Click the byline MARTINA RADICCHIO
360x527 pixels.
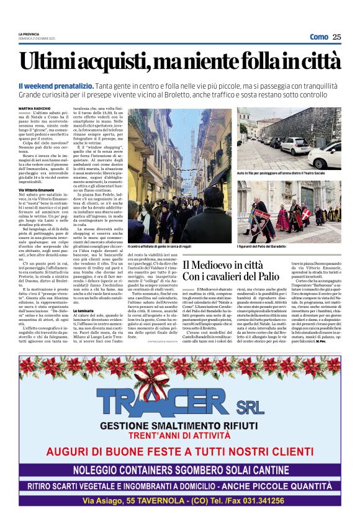(36, 101)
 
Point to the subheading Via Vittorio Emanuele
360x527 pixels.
(40, 189)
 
